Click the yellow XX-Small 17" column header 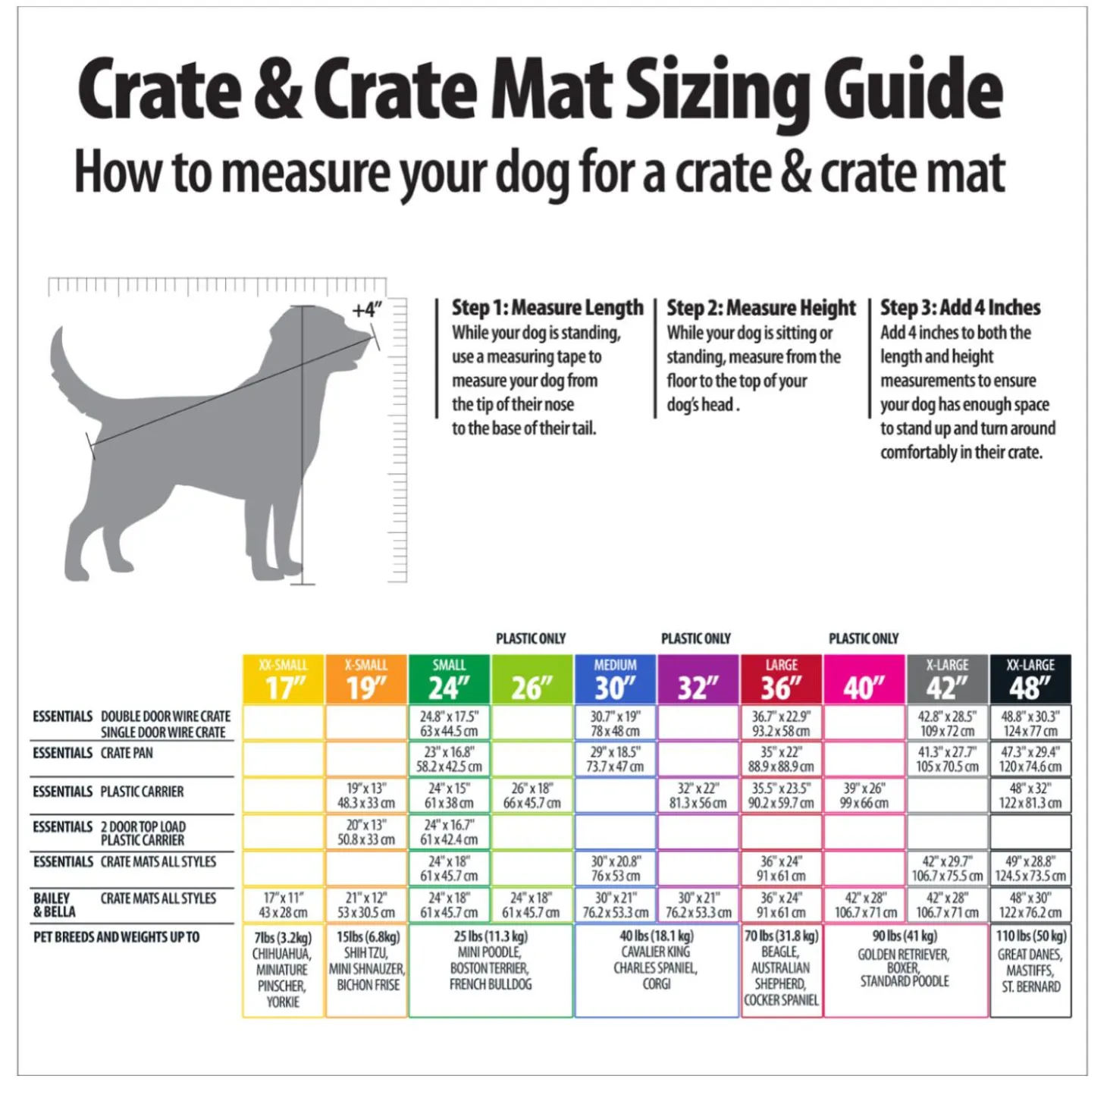click(284, 679)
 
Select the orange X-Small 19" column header click(366, 679)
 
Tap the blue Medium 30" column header click(615, 679)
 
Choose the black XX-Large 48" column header click(1030, 679)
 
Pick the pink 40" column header click(864, 679)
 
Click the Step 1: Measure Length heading click(547, 308)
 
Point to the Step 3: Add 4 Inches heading click(961, 308)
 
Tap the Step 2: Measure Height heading click(761, 308)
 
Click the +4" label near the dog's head click(367, 310)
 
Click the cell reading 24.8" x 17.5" click(449, 723)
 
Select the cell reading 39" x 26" click(864, 795)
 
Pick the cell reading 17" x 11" click(284, 905)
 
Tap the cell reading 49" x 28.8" click(1030, 868)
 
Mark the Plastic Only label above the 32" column click(696, 638)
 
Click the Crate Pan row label click(127, 753)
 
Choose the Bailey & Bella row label click(52, 905)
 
